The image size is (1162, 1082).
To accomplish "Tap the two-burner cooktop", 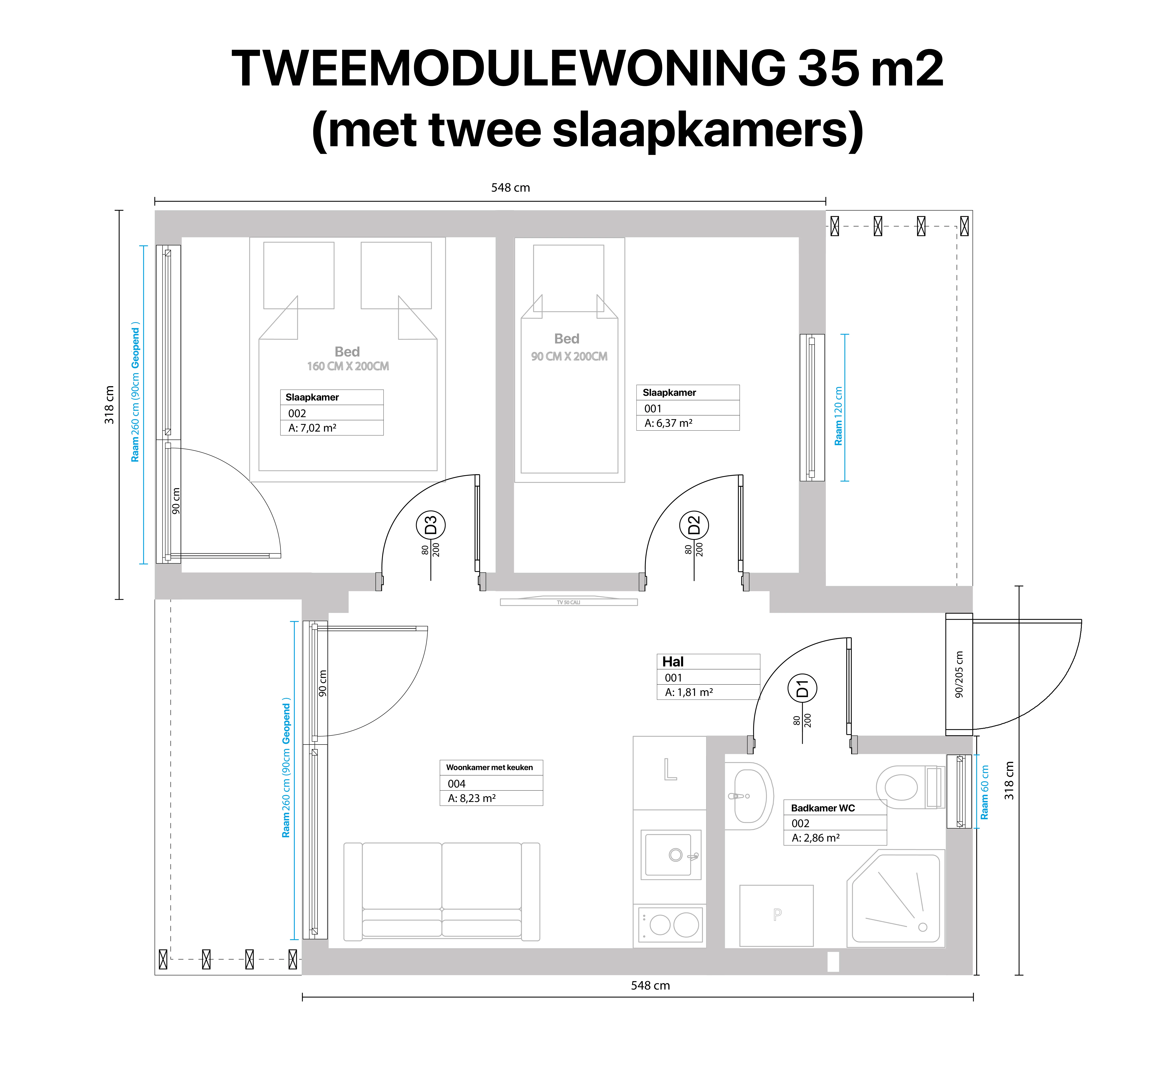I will pos(670,924).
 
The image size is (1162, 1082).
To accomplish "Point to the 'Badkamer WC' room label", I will pos(823,808).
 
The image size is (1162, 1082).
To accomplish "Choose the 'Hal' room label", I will pos(673,662).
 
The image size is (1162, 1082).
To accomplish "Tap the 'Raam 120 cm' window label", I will pos(838,416).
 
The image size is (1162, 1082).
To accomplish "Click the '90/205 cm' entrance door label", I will pos(959,674).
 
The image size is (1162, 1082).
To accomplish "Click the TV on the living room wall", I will pos(569,602).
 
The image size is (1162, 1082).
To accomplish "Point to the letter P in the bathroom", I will pos(777,914).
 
